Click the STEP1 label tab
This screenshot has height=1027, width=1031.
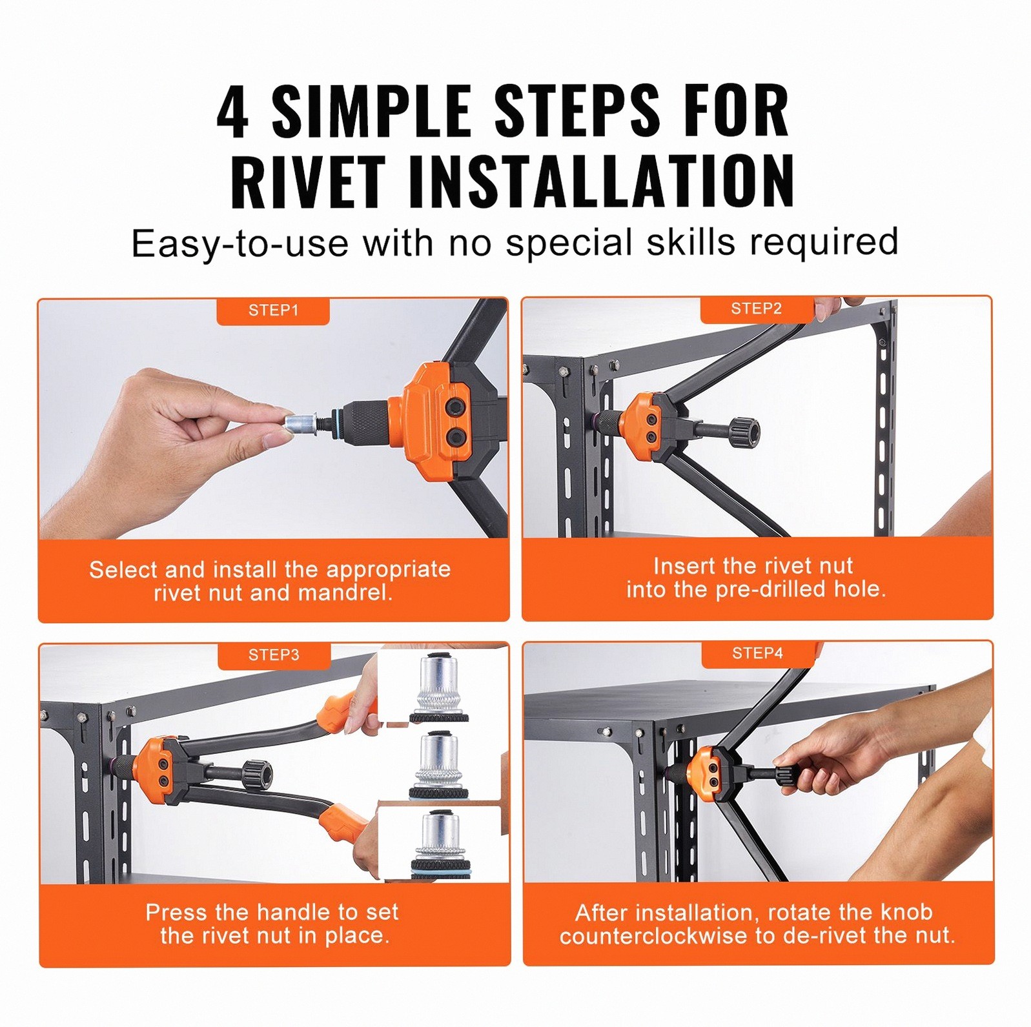(273, 310)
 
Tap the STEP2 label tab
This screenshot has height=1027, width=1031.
(757, 309)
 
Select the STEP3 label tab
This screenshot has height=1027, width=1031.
(274, 655)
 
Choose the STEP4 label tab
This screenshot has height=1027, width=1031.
(758, 653)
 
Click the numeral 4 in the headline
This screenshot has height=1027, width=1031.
(232, 112)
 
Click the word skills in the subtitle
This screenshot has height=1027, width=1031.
(691, 242)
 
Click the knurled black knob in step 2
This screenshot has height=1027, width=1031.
(744, 431)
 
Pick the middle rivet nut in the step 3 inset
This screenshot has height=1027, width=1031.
(439, 765)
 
